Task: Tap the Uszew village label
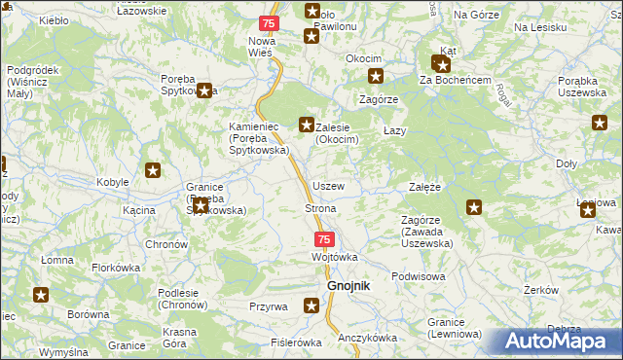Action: tap(327, 185)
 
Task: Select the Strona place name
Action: tap(321, 209)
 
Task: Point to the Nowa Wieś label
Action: tap(262, 46)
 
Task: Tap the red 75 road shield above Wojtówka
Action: tap(324, 239)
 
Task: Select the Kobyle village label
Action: tap(114, 183)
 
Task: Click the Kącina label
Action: tap(140, 210)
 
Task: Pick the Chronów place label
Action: tap(165, 244)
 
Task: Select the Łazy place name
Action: tap(394, 130)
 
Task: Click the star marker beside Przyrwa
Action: tap(311, 306)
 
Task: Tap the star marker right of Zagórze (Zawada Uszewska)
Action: tap(474, 206)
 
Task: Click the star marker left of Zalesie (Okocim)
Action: tap(306, 124)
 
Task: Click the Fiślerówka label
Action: tap(296, 342)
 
